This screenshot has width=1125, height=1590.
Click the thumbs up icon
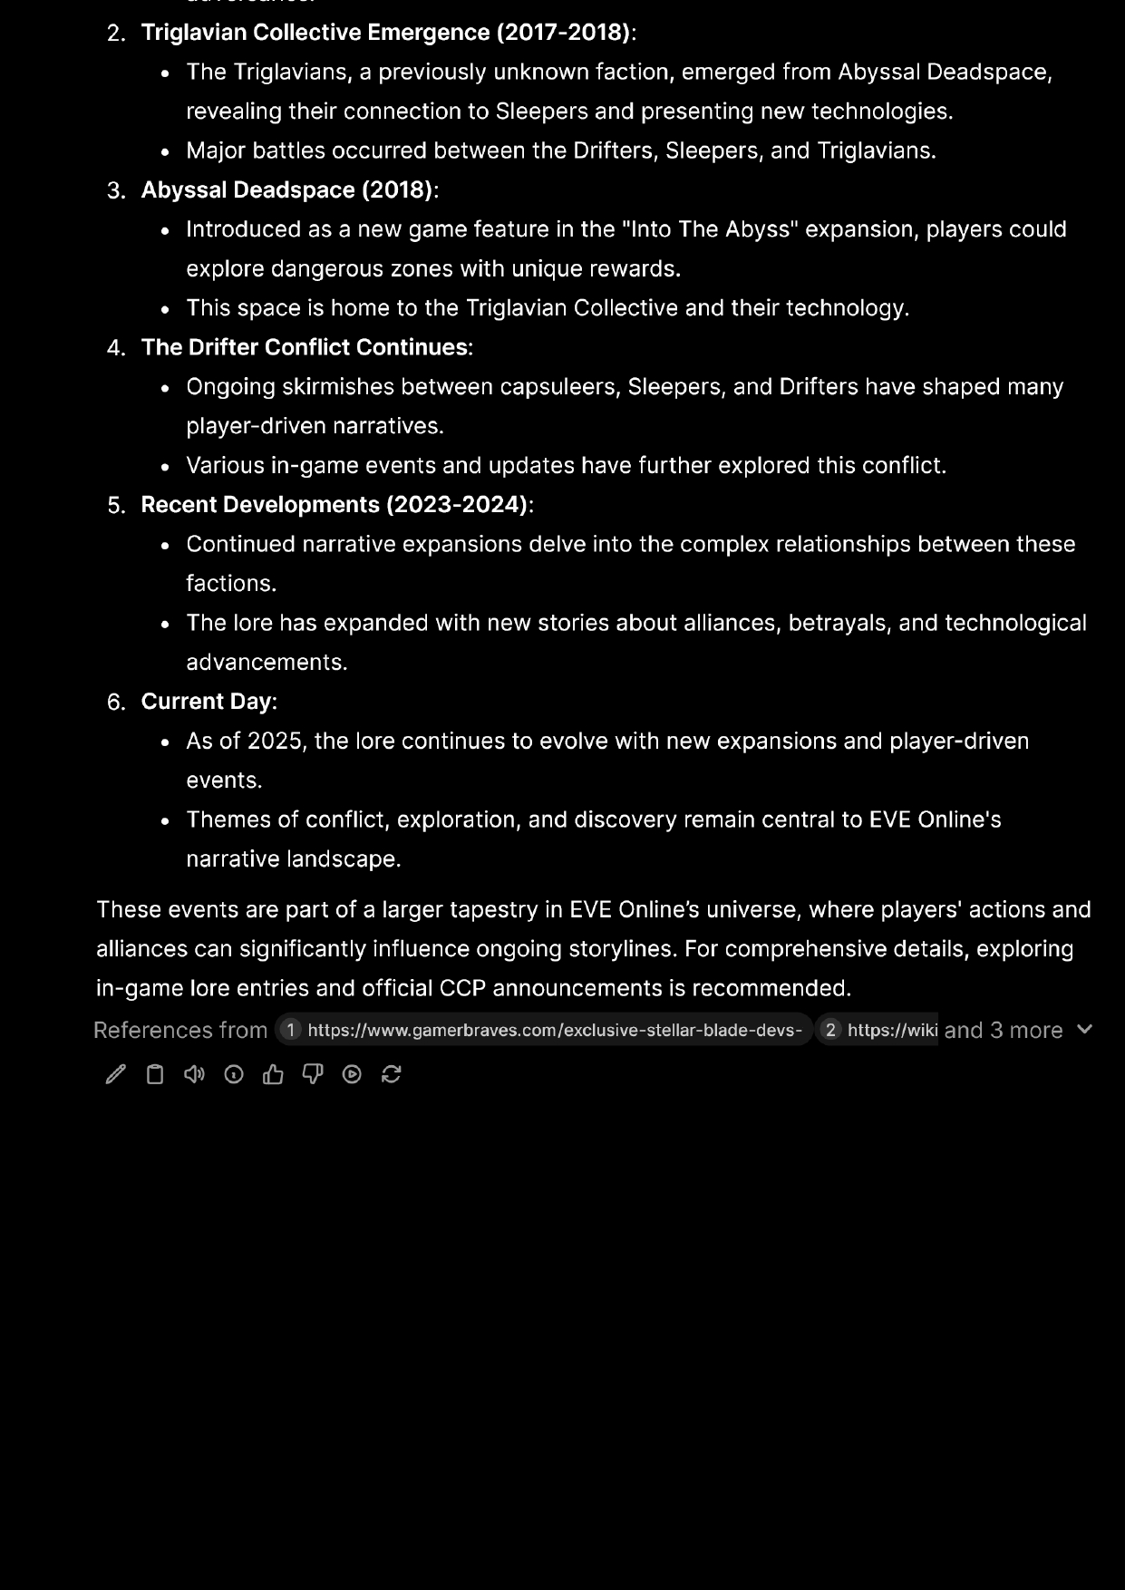tap(273, 1074)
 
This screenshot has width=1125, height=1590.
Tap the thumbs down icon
tap(313, 1074)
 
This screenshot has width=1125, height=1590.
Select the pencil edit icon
tap(116, 1074)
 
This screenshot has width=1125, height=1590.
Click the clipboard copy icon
tap(155, 1074)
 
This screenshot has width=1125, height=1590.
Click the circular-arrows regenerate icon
tap(392, 1074)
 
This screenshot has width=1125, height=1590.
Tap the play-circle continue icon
tap(352, 1074)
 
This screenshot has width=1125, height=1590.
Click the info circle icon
tap(234, 1074)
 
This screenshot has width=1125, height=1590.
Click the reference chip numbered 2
tap(878, 1030)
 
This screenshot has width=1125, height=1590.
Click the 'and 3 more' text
tap(1003, 1030)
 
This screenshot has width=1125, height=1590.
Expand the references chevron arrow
tap(1084, 1029)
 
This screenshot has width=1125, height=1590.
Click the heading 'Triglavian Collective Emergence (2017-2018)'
tap(385, 33)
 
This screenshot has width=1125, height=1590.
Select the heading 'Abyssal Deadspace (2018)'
tap(286, 190)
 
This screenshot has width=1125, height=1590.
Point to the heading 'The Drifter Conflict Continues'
tap(305, 347)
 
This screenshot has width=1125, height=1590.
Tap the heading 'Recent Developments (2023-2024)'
tap(334, 505)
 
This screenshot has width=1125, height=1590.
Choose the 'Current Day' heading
tap(206, 702)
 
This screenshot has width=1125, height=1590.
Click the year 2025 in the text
tap(275, 742)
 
